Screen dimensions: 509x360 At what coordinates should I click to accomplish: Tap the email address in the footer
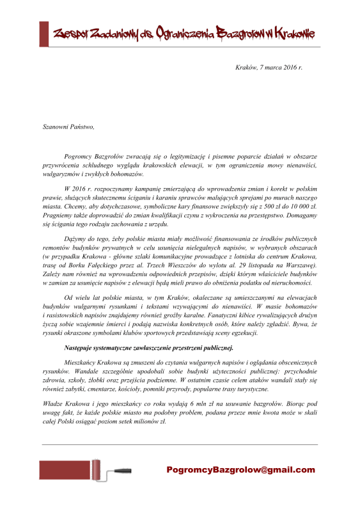pyautogui.click(x=240, y=470)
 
